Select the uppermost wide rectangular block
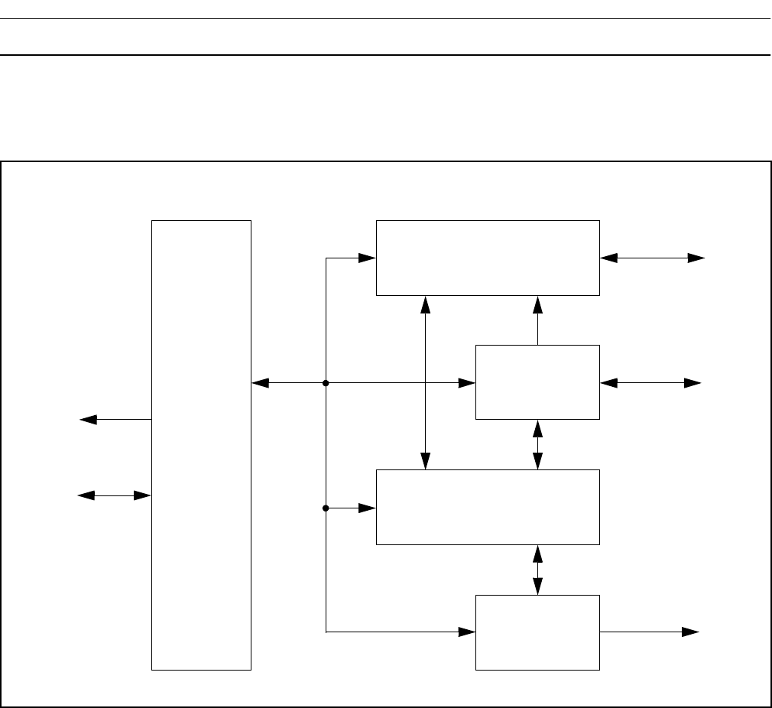(x=488, y=258)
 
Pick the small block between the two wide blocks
(x=537, y=382)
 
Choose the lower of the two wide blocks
(x=488, y=507)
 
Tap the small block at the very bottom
(x=537, y=632)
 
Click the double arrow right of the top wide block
(x=653, y=258)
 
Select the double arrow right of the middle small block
(x=651, y=382)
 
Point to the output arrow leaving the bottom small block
(x=650, y=632)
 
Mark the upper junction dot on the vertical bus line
(x=326, y=382)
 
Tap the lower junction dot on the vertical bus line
(x=326, y=508)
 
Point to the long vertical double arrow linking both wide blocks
(x=426, y=382)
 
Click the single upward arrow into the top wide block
(x=537, y=320)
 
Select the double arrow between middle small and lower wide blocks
(x=537, y=444)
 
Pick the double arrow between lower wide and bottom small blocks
(x=537, y=570)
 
